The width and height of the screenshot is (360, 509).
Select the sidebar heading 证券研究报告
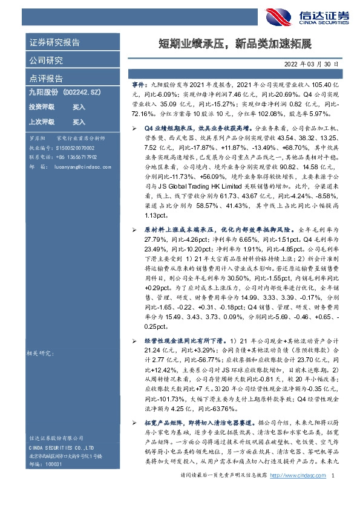coord(54,43)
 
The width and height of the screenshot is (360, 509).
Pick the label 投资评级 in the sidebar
coord(42,106)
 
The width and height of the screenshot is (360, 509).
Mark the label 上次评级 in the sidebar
coord(42,122)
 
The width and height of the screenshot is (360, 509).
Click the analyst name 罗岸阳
coord(38,138)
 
